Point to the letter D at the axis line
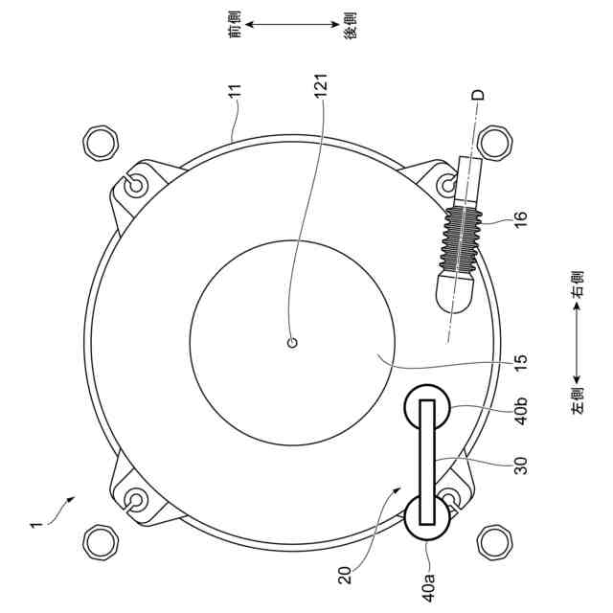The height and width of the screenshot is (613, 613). tap(478, 95)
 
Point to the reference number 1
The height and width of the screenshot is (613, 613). tap(35, 525)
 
